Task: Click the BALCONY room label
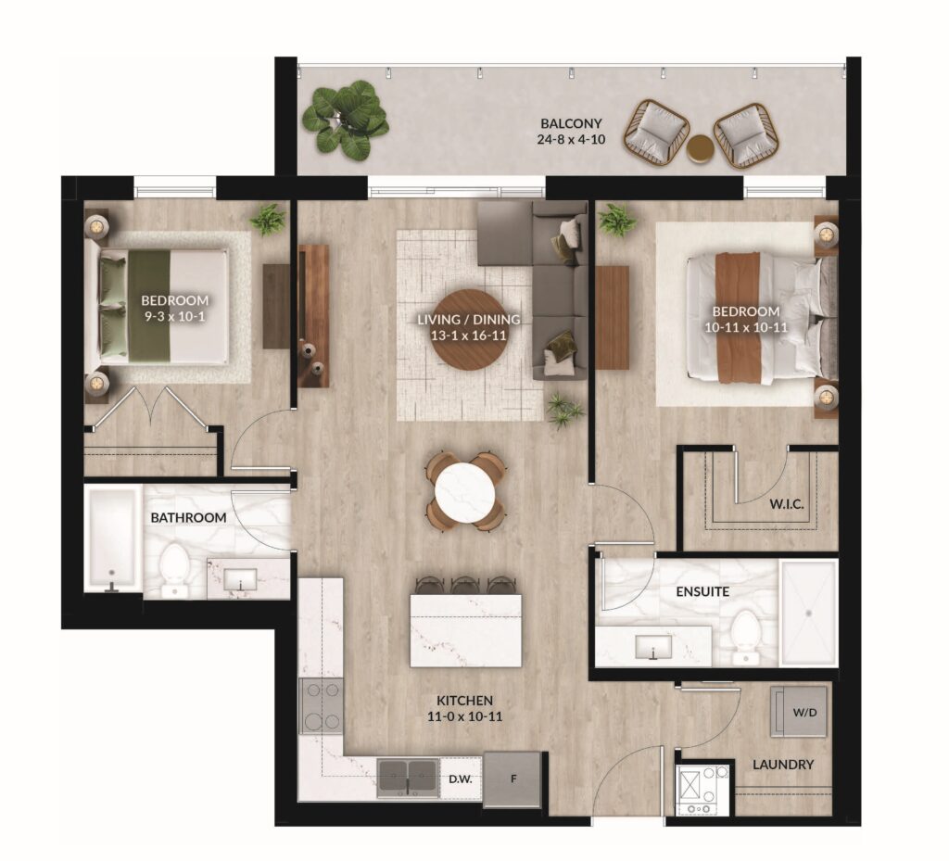[x=571, y=123]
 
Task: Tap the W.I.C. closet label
[x=787, y=504]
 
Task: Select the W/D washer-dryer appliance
[x=798, y=712]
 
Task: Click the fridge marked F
[x=512, y=779]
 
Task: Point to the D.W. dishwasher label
[x=460, y=779]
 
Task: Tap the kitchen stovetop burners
[x=322, y=706]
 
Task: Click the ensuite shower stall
[x=808, y=613]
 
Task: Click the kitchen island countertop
[x=465, y=630]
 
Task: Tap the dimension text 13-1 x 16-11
[x=468, y=336]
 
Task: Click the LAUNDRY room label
[x=782, y=765]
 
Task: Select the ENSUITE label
[x=702, y=591]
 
